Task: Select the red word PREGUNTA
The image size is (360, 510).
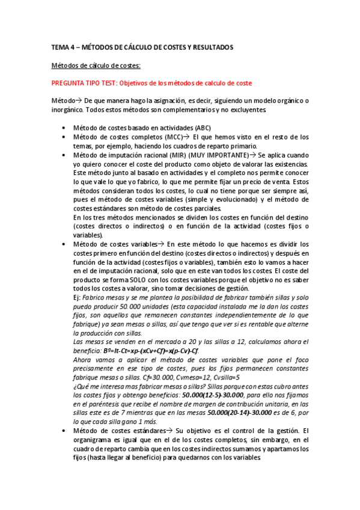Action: coord(70,83)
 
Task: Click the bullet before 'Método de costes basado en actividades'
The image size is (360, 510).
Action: coord(65,128)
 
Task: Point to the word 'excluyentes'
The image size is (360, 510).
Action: coord(248,110)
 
